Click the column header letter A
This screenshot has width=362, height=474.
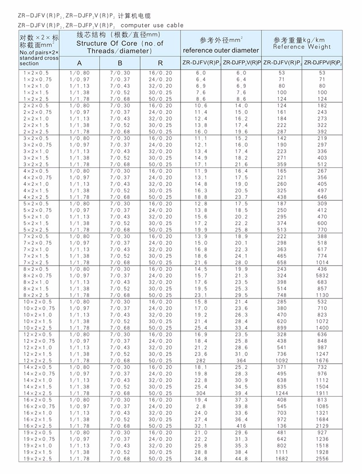point(79,63)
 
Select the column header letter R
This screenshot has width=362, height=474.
point(161,63)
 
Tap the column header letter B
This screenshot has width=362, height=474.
point(120,63)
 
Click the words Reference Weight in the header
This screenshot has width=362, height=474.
point(302,47)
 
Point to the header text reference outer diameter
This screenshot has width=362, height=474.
point(221,50)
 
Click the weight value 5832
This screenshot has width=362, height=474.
point(322,275)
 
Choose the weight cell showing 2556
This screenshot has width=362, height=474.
point(322,459)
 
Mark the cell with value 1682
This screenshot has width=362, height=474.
point(282,459)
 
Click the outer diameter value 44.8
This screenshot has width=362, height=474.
point(241,459)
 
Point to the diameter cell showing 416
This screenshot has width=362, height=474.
point(241,426)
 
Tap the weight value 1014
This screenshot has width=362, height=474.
point(322,262)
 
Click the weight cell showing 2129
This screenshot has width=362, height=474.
point(322,426)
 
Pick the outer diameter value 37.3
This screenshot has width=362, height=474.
point(241,400)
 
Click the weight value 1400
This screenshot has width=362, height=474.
point(322,327)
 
